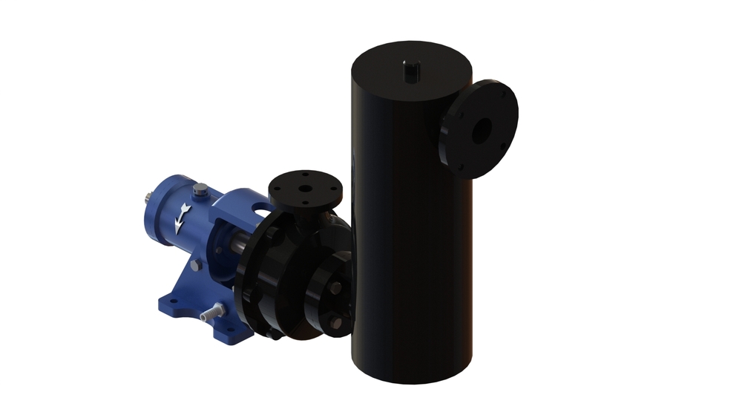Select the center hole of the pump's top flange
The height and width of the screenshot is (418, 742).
click(x=304, y=186)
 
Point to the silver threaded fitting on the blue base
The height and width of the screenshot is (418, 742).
click(x=214, y=311)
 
